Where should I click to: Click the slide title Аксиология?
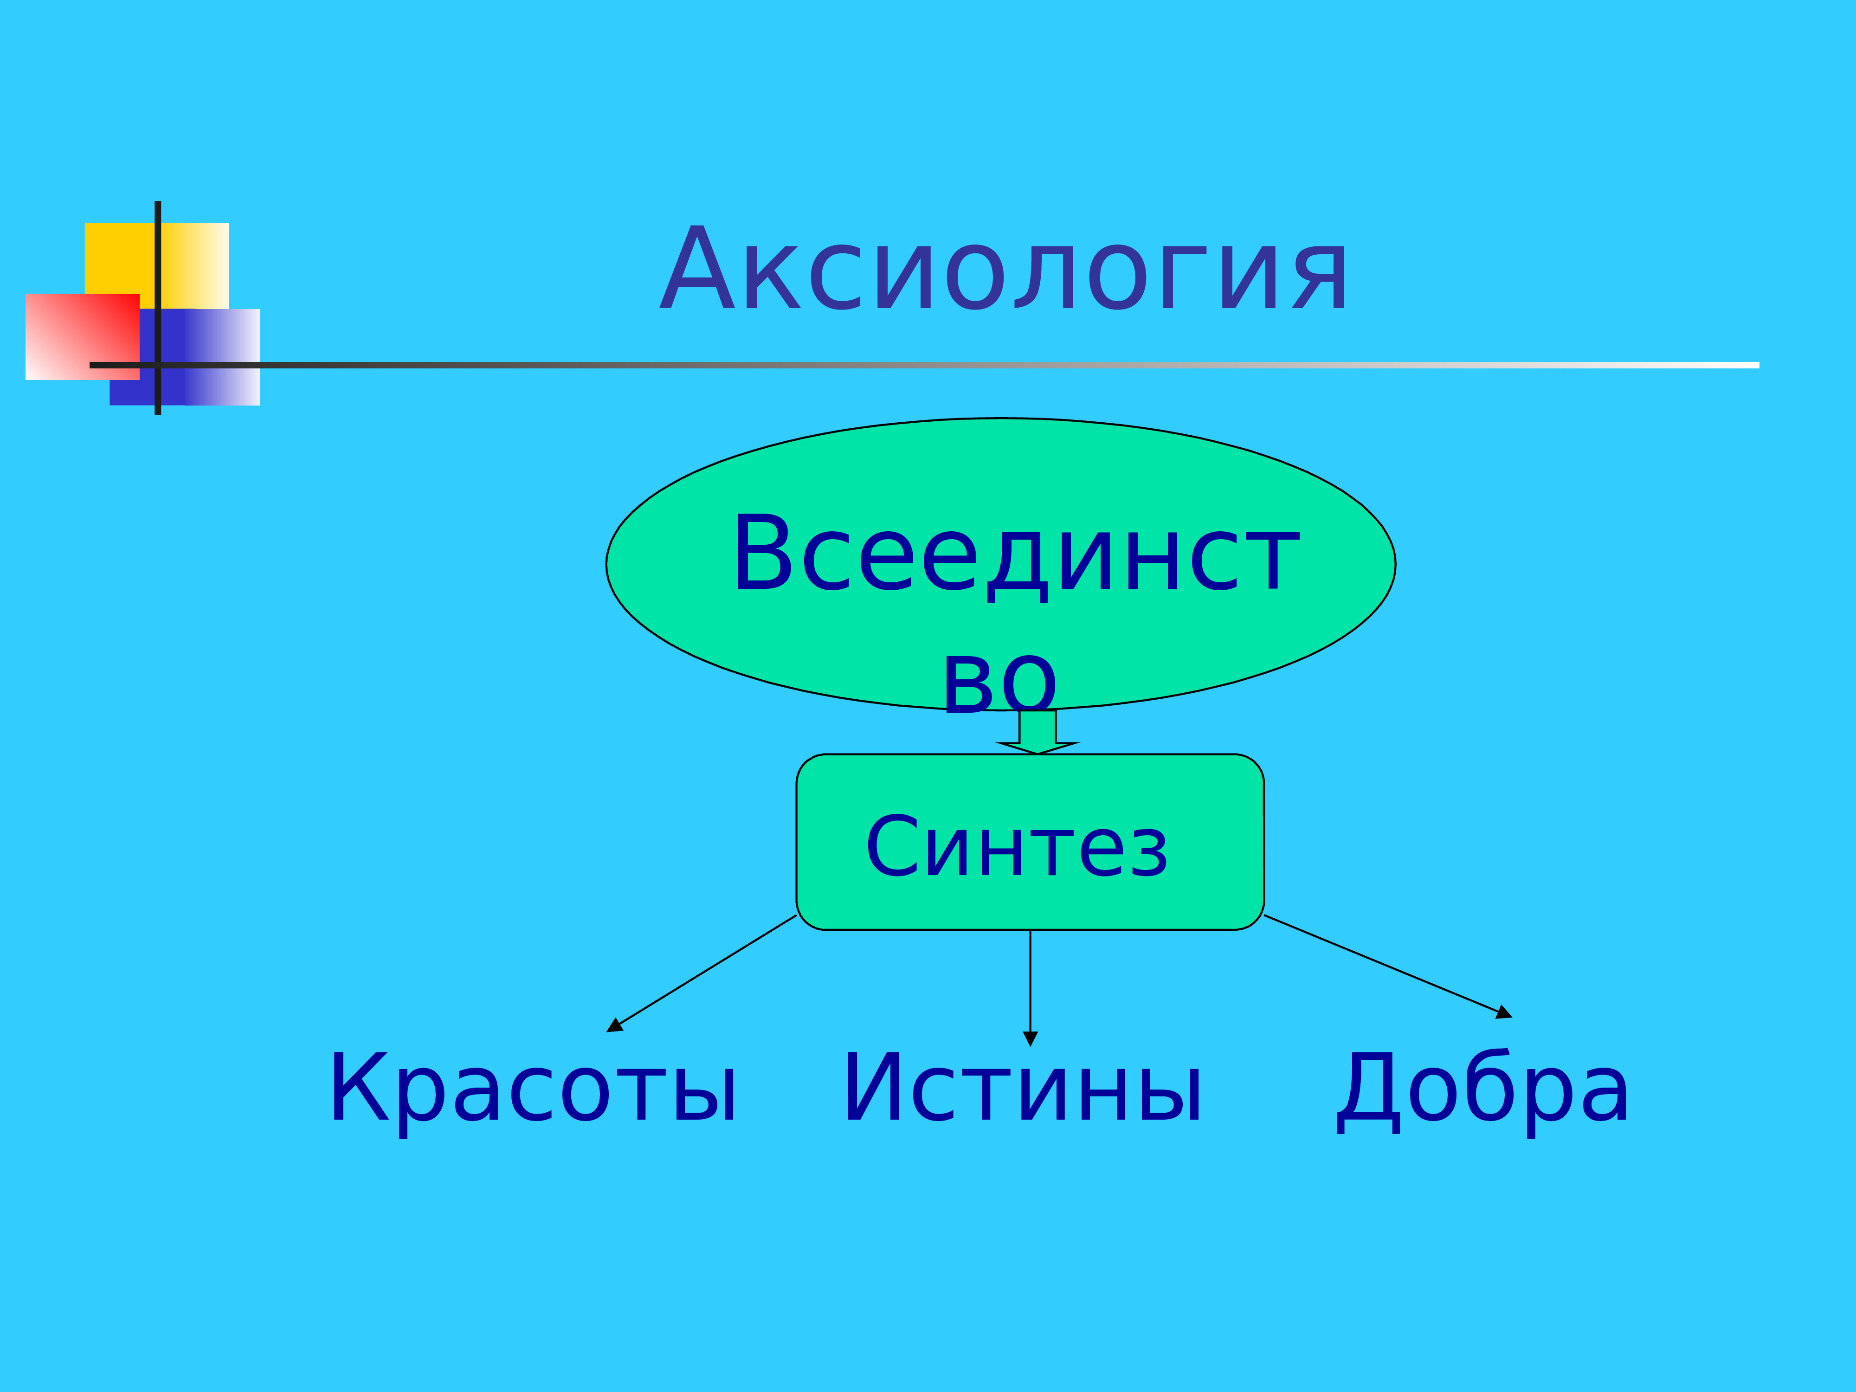tap(1004, 269)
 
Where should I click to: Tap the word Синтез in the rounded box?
tap(1017, 847)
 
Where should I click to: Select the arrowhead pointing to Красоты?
tap(614, 1025)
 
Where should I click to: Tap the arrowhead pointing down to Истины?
tap(1031, 1039)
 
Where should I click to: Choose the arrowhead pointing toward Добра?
tap(1504, 1013)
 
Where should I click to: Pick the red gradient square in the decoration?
tap(82, 336)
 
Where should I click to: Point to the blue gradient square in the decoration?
tap(185, 357)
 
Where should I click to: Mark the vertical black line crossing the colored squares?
tap(158, 308)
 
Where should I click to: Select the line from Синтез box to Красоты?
tap(702, 973)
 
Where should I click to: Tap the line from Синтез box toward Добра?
tap(1388, 967)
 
